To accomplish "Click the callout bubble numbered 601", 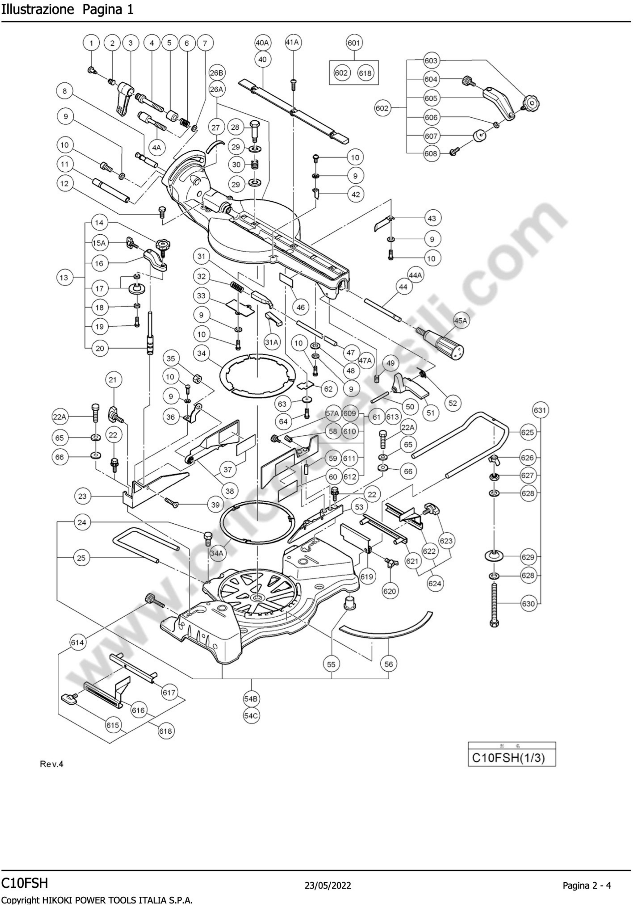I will [x=353, y=43].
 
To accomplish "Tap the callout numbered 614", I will [x=77, y=643].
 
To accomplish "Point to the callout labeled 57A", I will [x=332, y=414].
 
